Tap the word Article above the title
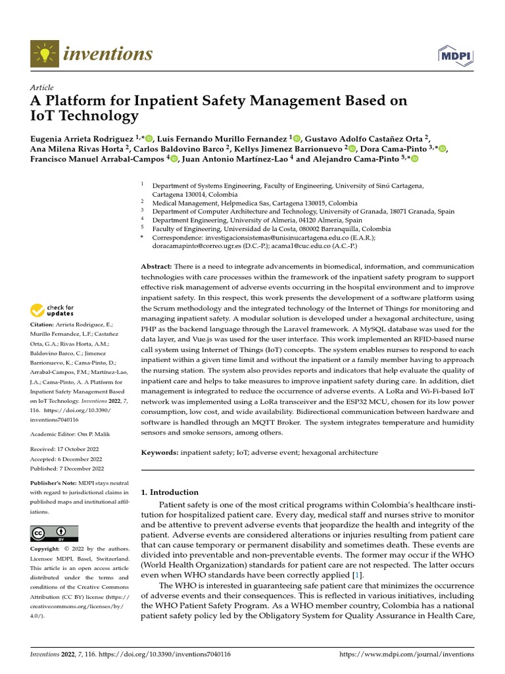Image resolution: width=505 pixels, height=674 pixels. [x=42, y=88]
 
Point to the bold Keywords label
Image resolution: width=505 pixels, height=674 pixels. [x=160, y=453]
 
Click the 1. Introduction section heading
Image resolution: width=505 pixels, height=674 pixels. [x=170, y=492]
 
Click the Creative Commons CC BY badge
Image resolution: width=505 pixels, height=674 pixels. [x=54, y=533]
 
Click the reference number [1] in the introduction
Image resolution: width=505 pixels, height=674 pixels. [x=358, y=576]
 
